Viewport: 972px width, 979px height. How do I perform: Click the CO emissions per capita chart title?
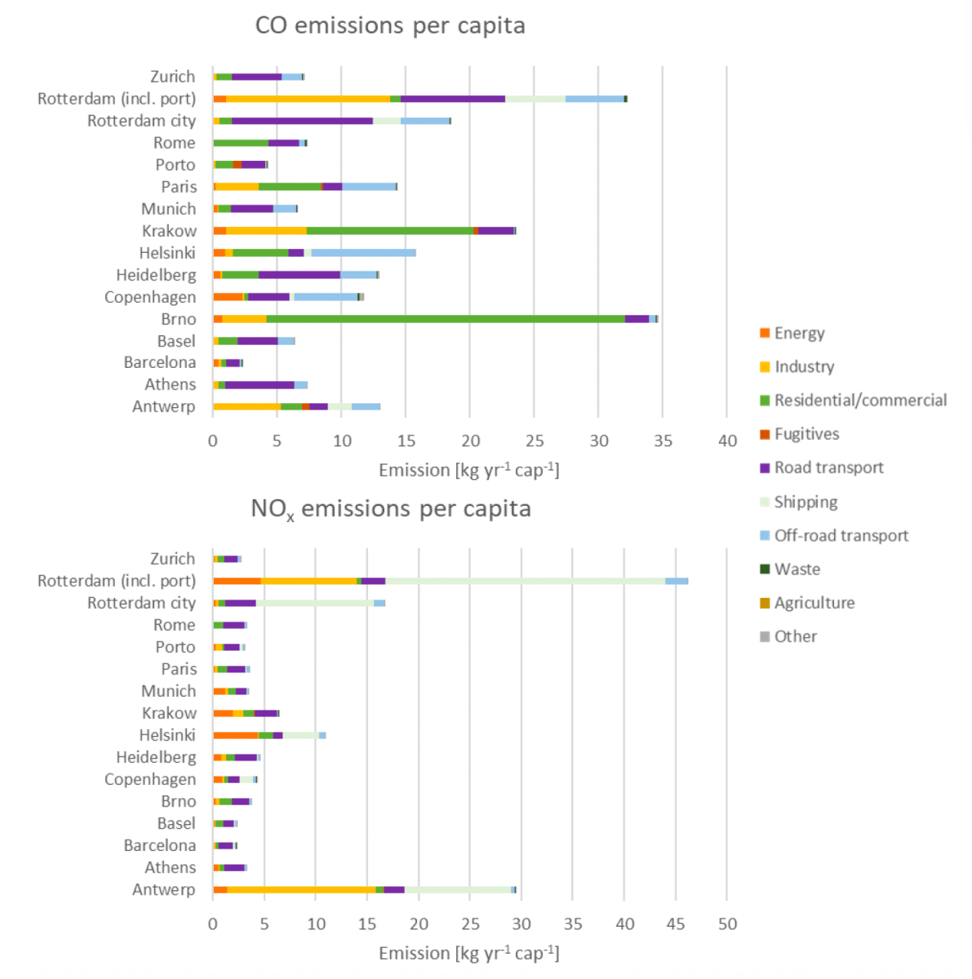390,25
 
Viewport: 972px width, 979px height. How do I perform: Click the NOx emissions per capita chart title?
390,509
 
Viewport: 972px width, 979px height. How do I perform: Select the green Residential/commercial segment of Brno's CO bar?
445,319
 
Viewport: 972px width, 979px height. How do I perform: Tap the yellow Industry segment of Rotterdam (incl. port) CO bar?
308,99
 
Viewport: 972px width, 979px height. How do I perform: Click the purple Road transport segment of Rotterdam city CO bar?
302,121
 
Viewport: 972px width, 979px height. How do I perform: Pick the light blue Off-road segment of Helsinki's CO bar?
363,253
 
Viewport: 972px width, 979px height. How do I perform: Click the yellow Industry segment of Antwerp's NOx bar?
301,889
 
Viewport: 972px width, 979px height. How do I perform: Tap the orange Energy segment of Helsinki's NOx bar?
235,735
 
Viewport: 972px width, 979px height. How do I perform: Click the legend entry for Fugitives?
806,434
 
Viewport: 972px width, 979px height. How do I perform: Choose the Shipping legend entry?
806,502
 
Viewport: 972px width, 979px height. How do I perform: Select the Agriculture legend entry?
814,603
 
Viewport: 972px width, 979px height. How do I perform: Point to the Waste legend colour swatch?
765,569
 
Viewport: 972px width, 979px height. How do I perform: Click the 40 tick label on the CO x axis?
726,441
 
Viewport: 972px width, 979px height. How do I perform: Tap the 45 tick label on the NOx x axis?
676,924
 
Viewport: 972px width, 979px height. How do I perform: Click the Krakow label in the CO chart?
169,231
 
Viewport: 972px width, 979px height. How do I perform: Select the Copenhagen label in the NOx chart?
150,779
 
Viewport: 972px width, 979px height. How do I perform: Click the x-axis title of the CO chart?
468,470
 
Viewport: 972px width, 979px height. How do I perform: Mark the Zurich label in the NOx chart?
172,559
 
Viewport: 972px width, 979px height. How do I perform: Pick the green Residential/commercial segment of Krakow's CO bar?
389,231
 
